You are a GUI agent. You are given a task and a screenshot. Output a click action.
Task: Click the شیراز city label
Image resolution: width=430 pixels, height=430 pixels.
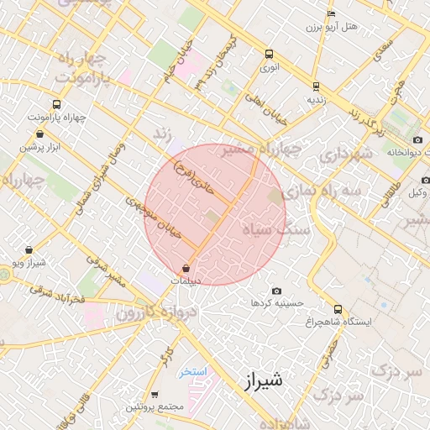pyautogui.click(x=264, y=380)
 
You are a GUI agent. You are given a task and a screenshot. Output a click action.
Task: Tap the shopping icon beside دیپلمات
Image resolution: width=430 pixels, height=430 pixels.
pyautogui.click(x=185, y=268)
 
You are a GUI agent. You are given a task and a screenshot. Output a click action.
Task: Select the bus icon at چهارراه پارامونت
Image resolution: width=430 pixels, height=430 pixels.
pyautogui.click(x=56, y=105)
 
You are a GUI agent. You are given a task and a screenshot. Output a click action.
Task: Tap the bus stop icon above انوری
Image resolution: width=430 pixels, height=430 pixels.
pyautogui.click(x=269, y=52)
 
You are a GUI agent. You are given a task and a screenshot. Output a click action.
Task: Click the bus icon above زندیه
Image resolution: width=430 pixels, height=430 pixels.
pyautogui.click(x=315, y=86)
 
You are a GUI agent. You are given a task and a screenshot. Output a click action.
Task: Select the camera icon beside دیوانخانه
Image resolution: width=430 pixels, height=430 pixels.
pyautogui.click(x=417, y=139)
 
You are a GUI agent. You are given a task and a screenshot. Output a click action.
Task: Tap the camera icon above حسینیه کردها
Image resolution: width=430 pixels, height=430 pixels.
pyautogui.click(x=276, y=290)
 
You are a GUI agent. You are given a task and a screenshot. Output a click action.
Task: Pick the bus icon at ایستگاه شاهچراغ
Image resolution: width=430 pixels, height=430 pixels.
pyautogui.click(x=338, y=309)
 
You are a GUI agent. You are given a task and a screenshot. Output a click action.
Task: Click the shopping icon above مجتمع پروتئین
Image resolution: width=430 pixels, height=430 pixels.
pyautogui.click(x=155, y=394)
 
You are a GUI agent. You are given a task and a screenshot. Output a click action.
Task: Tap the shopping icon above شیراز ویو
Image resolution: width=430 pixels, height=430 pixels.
pyautogui.click(x=29, y=249)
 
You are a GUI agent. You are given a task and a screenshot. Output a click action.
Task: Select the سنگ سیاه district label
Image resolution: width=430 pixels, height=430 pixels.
pyautogui.click(x=282, y=228)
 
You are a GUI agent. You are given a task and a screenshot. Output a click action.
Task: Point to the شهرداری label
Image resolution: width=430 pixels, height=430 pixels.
pyautogui.click(x=345, y=155)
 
